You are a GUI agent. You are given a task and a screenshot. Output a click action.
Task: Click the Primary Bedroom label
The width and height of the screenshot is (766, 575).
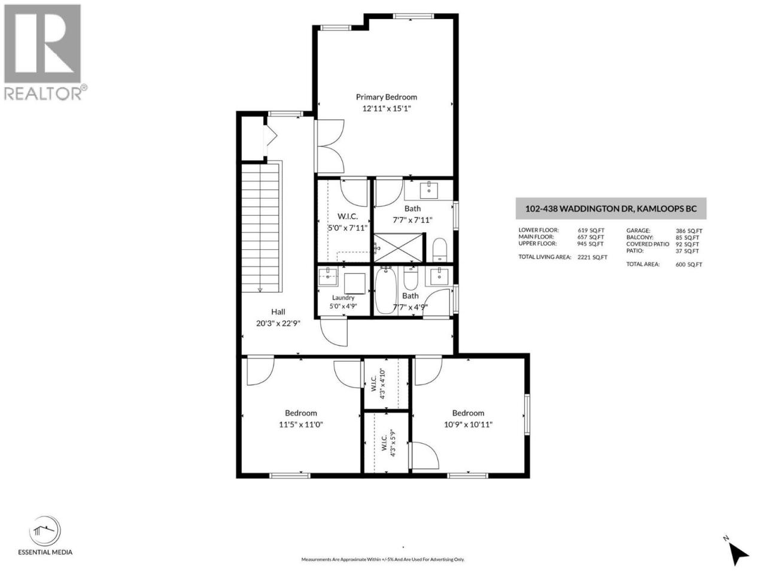click(387, 97)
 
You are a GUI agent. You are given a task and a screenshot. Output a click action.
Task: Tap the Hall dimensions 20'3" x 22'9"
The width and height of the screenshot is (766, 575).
click(278, 323)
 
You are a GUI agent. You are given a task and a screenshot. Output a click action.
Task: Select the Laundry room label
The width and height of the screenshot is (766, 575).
click(343, 298)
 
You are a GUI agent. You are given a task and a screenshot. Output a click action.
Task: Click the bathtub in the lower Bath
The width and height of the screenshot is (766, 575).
click(385, 290)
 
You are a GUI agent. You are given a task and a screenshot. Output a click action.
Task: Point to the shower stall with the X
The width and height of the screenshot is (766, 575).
click(399, 247)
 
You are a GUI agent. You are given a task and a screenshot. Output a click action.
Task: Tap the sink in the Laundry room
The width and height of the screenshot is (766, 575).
click(328, 277)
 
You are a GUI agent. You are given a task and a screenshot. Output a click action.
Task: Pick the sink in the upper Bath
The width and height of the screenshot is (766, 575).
click(429, 190)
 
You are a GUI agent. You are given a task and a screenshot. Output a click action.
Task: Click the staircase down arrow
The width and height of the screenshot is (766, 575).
click(260, 289)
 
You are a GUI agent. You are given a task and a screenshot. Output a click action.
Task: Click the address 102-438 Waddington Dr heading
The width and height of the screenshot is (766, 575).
click(611, 209)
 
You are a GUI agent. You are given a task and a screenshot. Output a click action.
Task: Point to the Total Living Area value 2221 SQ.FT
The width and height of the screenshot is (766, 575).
click(592, 258)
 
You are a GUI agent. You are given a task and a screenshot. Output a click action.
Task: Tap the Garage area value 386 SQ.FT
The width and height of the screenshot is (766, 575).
click(689, 231)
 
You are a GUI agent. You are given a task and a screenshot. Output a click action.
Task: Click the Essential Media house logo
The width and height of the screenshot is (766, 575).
click(45, 531)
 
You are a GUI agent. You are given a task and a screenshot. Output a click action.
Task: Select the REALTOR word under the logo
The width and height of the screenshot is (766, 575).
click(43, 93)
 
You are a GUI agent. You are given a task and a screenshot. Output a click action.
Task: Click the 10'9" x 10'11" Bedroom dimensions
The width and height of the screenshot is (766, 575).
click(468, 425)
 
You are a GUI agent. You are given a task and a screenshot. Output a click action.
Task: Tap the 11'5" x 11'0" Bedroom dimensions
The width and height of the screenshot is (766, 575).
click(301, 425)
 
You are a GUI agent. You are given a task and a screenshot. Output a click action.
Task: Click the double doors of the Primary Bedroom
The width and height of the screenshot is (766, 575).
click(330, 146)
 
